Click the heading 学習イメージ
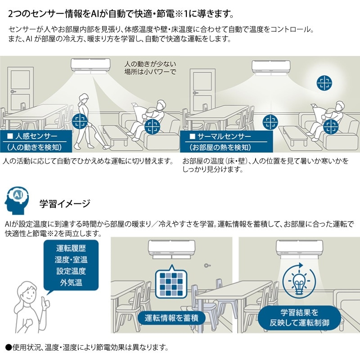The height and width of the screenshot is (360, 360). [65, 203]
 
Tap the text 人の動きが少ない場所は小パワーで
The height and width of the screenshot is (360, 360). [150, 67]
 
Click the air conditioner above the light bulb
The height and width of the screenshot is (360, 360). [297, 247]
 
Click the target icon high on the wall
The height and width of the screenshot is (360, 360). [323, 82]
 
